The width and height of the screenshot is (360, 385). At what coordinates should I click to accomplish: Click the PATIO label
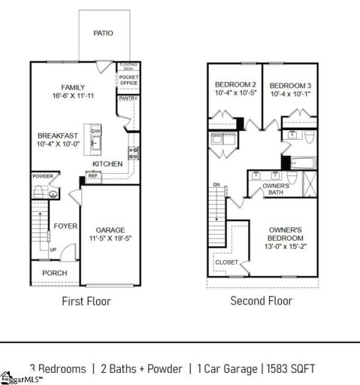pos(103,33)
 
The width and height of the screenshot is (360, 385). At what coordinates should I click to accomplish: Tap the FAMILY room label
pos(73,87)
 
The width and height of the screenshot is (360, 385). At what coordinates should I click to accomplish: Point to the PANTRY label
pos(126,99)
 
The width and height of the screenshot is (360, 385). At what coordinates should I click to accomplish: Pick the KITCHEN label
pos(107,164)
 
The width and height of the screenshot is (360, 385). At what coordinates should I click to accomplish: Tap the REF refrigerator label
pos(93,176)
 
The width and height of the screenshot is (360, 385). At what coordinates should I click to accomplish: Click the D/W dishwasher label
pos(95,132)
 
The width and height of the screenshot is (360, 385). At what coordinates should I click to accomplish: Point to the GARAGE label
pos(110,230)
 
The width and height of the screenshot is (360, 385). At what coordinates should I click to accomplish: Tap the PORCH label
pos(54,272)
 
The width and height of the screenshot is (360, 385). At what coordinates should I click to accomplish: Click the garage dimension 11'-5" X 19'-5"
pos(110,240)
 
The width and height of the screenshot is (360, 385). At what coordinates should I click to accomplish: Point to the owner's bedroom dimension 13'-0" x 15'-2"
pos(286,246)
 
